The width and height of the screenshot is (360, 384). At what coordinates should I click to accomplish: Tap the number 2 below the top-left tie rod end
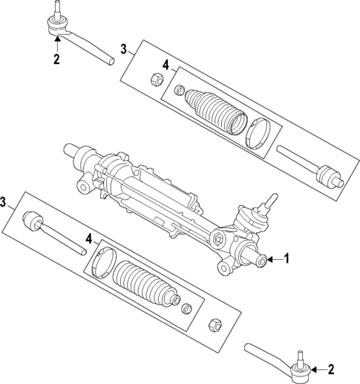click(x=56, y=59)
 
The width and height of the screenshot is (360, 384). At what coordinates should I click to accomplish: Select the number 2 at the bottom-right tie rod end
click(x=330, y=369)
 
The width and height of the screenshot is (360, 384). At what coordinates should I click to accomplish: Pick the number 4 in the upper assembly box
click(x=166, y=65)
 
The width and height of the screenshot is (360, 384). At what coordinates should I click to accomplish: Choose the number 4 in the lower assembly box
click(x=88, y=239)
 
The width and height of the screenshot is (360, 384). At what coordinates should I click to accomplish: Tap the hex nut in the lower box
click(x=215, y=324)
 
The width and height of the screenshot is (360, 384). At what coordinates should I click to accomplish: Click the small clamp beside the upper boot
click(x=179, y=91)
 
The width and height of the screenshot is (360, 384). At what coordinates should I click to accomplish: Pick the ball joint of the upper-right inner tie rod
click(x=327, y=178)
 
